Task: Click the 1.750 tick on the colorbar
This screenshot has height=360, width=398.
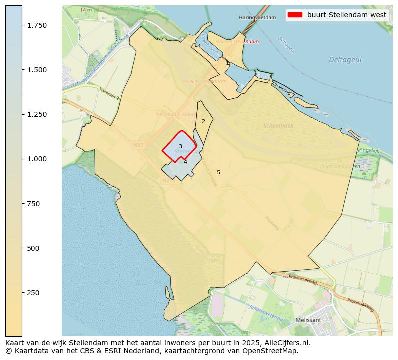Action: click(23, 25)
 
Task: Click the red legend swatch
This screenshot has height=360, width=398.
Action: click(295, 15)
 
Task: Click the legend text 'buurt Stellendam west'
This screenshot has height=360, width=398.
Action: click(347, 15)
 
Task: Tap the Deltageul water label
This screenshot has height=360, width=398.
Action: click(345, 60)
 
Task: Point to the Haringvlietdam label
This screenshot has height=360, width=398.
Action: click(257, 17)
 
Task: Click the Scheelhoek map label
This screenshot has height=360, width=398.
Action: click(278, 126)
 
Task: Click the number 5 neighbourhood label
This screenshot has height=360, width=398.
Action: click(218, 172)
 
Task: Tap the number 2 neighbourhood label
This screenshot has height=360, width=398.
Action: click(203, 121)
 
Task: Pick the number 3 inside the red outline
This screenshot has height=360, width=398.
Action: click(180, 146)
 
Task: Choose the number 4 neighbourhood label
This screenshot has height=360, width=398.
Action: click(185, 162)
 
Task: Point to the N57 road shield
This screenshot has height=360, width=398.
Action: click(139, 145)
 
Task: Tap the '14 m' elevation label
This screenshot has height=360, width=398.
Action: click(86, 10)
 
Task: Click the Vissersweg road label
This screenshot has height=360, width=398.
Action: click(109, 93)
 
